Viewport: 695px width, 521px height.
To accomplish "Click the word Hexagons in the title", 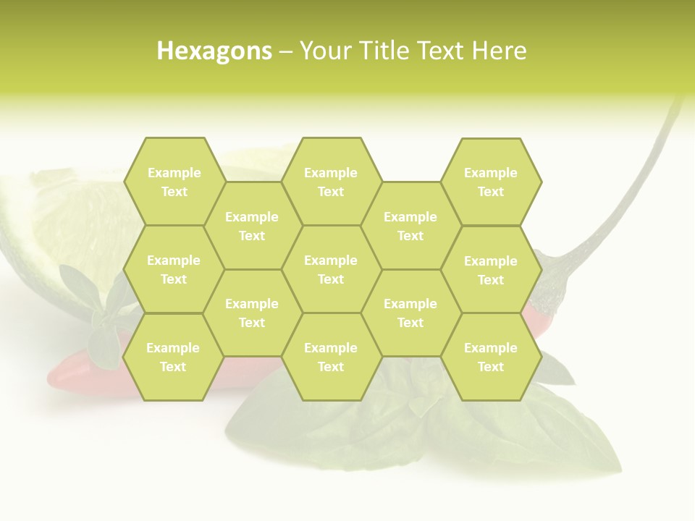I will pos(214,51).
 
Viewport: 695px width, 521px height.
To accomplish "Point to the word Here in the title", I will pos(500,51).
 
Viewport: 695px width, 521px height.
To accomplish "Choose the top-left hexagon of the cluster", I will pos(174,182).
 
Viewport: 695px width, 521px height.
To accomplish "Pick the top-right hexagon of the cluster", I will pos(491,182).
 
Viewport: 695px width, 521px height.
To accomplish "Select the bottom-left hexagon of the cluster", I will pos(173,357).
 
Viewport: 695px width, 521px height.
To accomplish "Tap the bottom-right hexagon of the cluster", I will pos(491,357).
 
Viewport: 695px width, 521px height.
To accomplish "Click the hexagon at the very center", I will pos(331,269).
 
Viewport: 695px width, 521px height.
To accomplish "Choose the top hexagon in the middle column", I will pos(331,182).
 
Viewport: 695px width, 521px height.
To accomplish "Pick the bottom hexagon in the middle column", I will pos(331,357).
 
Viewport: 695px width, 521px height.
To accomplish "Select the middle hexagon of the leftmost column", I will pos(174,269).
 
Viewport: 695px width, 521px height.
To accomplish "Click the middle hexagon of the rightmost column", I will pos(491,270).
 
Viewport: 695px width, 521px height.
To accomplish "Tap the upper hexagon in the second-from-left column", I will pos(252,226).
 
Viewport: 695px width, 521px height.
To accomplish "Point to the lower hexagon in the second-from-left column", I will pos(252,313).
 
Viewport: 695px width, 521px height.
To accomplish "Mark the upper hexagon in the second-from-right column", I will pos(410,226).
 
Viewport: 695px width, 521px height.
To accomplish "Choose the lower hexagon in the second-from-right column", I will pos(410,313).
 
